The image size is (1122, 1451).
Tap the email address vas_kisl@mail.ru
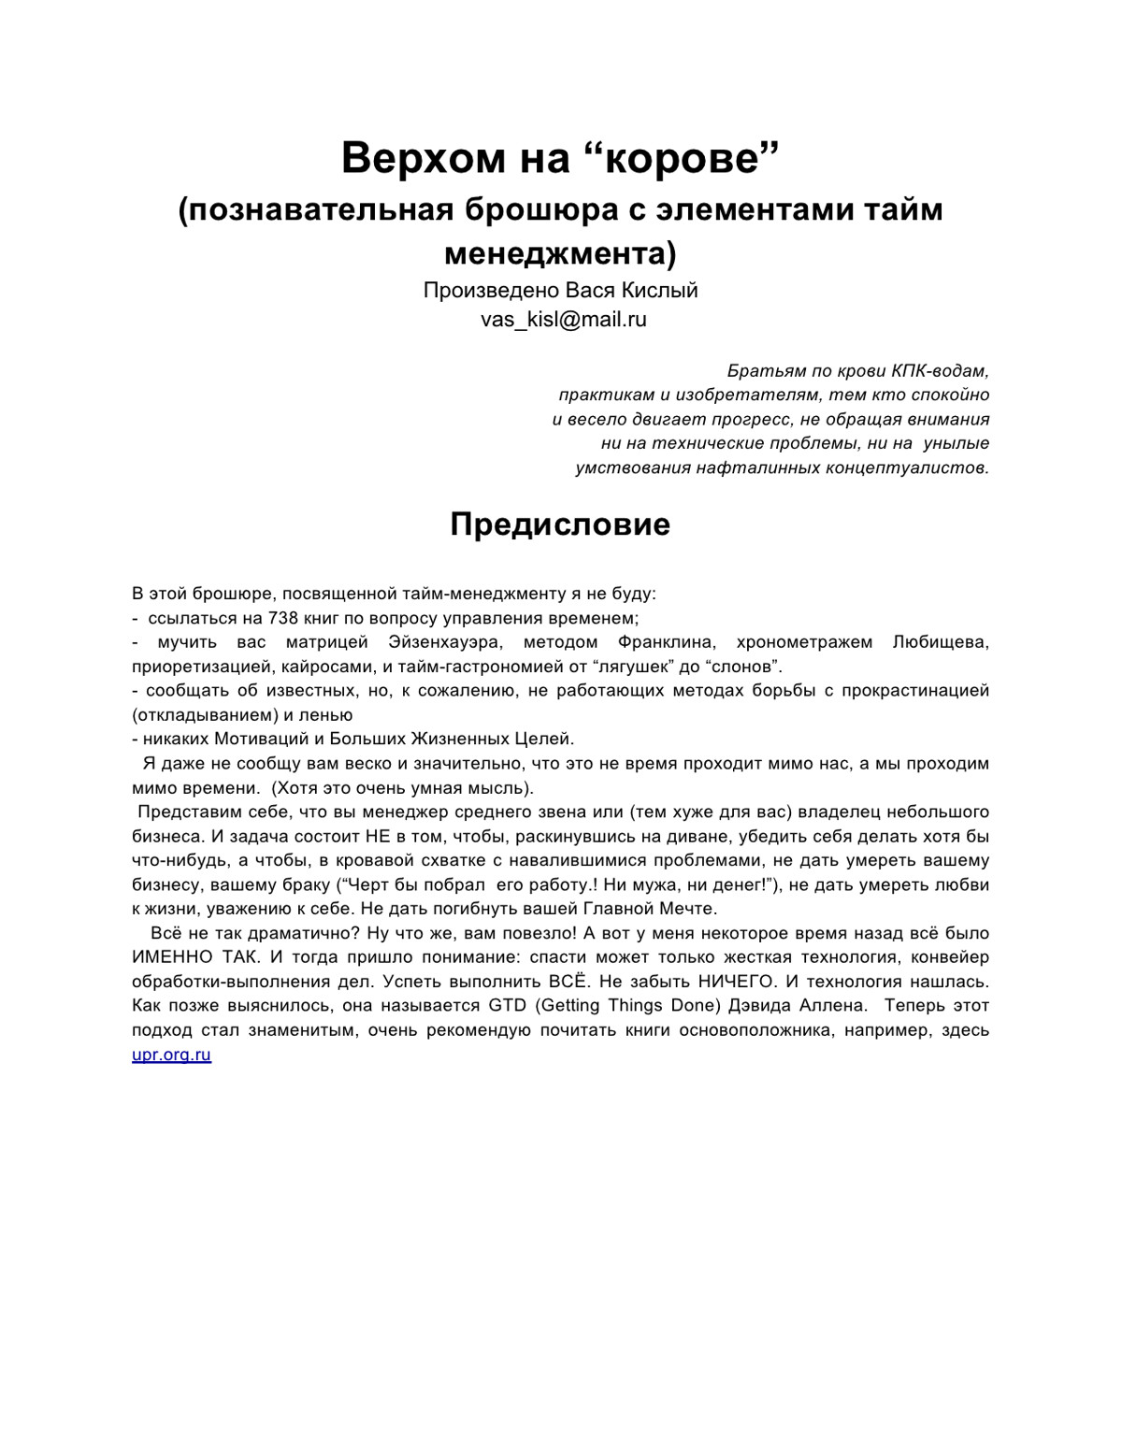click(x=564, y=320)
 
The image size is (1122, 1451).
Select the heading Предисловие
click(x=560, y=524)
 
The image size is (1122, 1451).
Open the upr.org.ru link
click(x=171, y=1055)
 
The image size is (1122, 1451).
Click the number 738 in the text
click(x=283, y=618)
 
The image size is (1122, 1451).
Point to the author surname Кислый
click(x=665, y=291)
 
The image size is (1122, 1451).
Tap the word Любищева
click(x=941, y=642)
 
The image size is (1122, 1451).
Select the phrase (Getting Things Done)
click(x=624, y=1006)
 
